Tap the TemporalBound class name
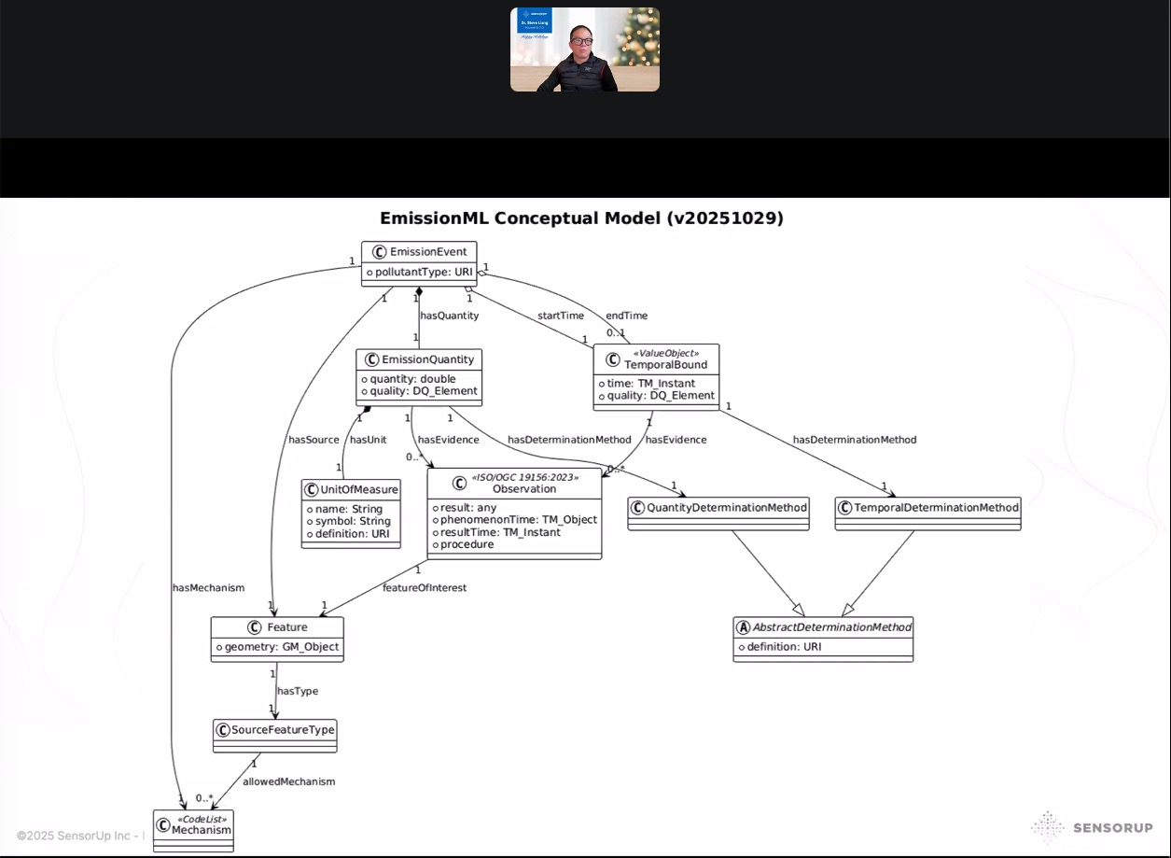click(x=665, y=364)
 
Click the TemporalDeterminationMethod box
click(x=927, y=507)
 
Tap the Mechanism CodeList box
click(x=194, y=825)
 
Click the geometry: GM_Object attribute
click(x=277, y=647)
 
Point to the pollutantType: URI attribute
click(x=419, y=273)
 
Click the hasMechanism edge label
click(x=208, y=588)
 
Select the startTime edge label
click(x=560, y=316)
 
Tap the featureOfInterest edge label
click(x=425, y=588)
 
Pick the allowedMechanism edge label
click(x=288, y=781)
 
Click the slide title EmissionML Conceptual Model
click(x=581, y=218)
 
